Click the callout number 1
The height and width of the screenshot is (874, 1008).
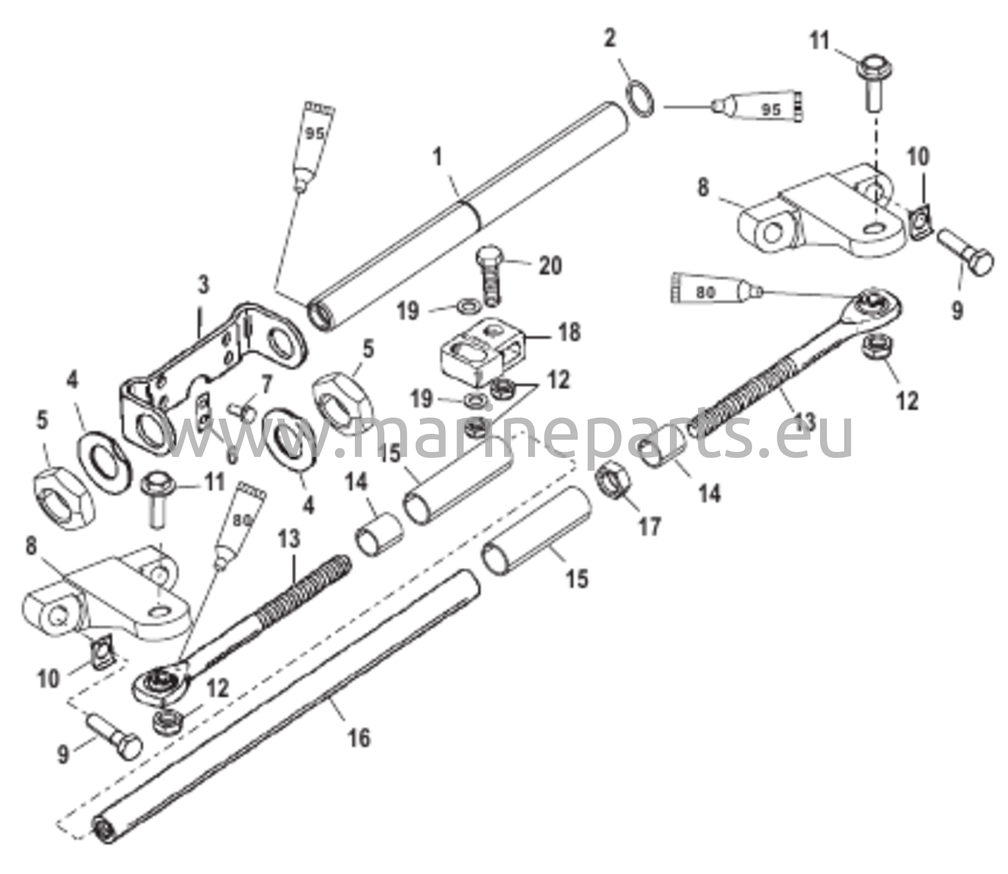point(437,158)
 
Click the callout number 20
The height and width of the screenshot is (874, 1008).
point(549,266)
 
